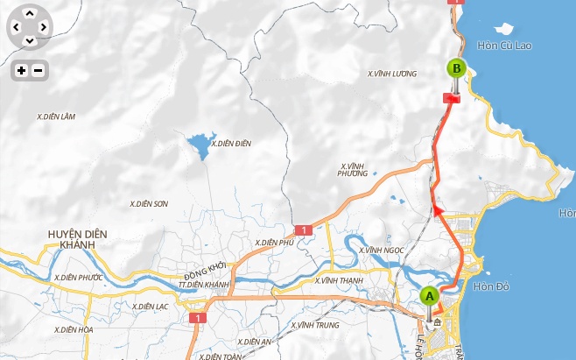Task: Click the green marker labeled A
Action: point(428,296)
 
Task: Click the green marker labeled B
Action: point(455,68)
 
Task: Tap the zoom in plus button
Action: point(21,70)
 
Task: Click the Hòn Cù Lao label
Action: point(505,45)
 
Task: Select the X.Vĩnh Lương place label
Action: point(391,74)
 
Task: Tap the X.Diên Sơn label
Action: point(148,203)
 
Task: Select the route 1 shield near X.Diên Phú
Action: point(303,229)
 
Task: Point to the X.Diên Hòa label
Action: point(73,329)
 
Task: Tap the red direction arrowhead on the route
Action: point(435,209)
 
